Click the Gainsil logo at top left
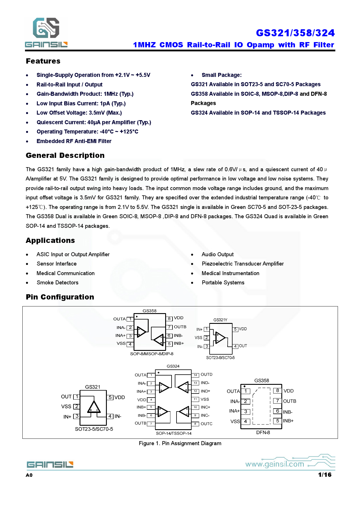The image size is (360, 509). (x=46, y=32)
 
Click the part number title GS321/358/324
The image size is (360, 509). (x=295, y=33)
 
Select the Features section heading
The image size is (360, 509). (x=43, y=61)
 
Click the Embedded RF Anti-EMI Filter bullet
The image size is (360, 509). (x=74, y=141)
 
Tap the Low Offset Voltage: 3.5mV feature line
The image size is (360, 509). (x=79, y=113)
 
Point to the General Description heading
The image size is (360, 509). (x=65, y=155)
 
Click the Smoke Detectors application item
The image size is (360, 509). (x=57, y=282)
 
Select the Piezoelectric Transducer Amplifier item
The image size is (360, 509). (x=242, y=263)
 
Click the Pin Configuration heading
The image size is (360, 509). (x=60, y=297)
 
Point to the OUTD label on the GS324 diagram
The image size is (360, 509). (x=206, y=374)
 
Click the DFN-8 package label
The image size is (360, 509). (x=263, y=432)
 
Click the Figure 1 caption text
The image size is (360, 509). (x=180, y=443)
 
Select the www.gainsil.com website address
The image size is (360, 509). (x=275, y=464)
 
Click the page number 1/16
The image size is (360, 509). (x=325, y=475)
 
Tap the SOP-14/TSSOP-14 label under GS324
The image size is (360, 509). (x=174, y=433)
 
